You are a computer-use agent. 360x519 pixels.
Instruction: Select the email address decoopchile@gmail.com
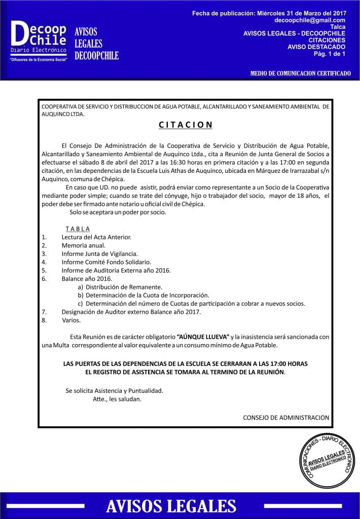point(310,20)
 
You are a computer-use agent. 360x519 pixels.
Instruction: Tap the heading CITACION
point(185,125)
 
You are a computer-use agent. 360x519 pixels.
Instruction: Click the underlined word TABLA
point(78,229)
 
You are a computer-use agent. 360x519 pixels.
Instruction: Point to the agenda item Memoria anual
point(84,245)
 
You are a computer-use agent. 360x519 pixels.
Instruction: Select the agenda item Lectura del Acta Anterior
point(96,237)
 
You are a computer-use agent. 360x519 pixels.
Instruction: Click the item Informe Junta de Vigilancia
point(99,253)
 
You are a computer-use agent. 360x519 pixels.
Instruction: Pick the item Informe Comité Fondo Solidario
point(106,262)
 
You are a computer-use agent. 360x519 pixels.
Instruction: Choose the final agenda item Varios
point(71,320)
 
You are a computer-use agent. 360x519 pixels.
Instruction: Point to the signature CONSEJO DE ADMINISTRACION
point(286,418)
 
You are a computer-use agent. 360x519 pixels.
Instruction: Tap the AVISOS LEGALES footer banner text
point(171,506)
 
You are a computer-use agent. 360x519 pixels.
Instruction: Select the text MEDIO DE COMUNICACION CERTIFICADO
point(300,73)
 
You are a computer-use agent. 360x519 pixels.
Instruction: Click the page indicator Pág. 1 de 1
point(330,53)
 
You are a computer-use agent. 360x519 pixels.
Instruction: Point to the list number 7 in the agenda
point(44,312)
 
